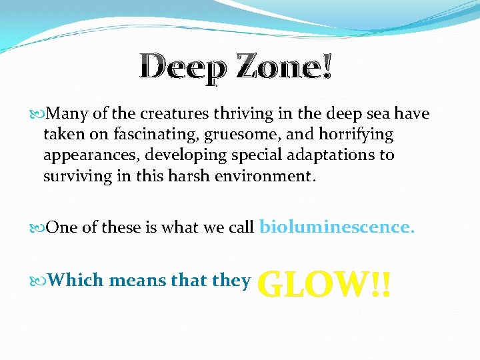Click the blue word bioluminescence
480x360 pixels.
tap(337, 227)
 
